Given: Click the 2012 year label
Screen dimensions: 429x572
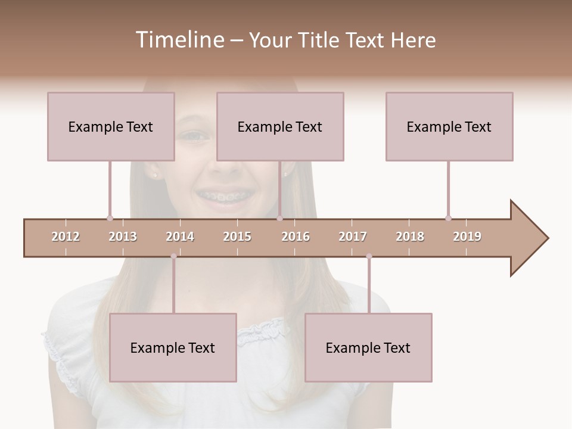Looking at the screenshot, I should tap(66, 237).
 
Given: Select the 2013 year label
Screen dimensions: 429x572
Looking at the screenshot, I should tap(123, 237).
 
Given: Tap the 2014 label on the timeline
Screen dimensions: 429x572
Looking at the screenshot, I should tap(180, 237).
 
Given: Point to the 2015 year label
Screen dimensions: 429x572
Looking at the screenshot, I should tap(237, 237).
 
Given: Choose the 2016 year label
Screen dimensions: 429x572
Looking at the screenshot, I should tap(296, 237).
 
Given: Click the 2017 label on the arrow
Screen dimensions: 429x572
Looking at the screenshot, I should tap(353, 237).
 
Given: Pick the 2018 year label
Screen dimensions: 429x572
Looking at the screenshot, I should tap(410, 237).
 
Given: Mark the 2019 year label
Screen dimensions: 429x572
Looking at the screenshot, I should tap(467, 237).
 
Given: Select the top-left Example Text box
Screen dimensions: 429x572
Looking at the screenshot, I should tap(111, 126).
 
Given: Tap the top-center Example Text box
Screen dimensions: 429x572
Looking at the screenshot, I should tap(280, 126).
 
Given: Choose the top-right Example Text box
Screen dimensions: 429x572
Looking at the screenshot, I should tap(449, 126).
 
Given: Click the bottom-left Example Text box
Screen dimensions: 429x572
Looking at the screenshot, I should tap(173, 347).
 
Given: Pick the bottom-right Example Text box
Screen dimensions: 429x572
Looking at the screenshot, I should tap(368, 347).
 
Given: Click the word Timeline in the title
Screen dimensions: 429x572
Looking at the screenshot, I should tap(178, 40).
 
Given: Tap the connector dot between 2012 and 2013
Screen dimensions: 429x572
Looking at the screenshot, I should tap(110, 218).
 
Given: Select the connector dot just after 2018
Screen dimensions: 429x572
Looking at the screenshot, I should tap(448, 218).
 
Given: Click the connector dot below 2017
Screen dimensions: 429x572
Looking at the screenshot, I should tap(369, 256).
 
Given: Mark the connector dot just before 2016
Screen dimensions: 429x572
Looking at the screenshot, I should tap(279, 218).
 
